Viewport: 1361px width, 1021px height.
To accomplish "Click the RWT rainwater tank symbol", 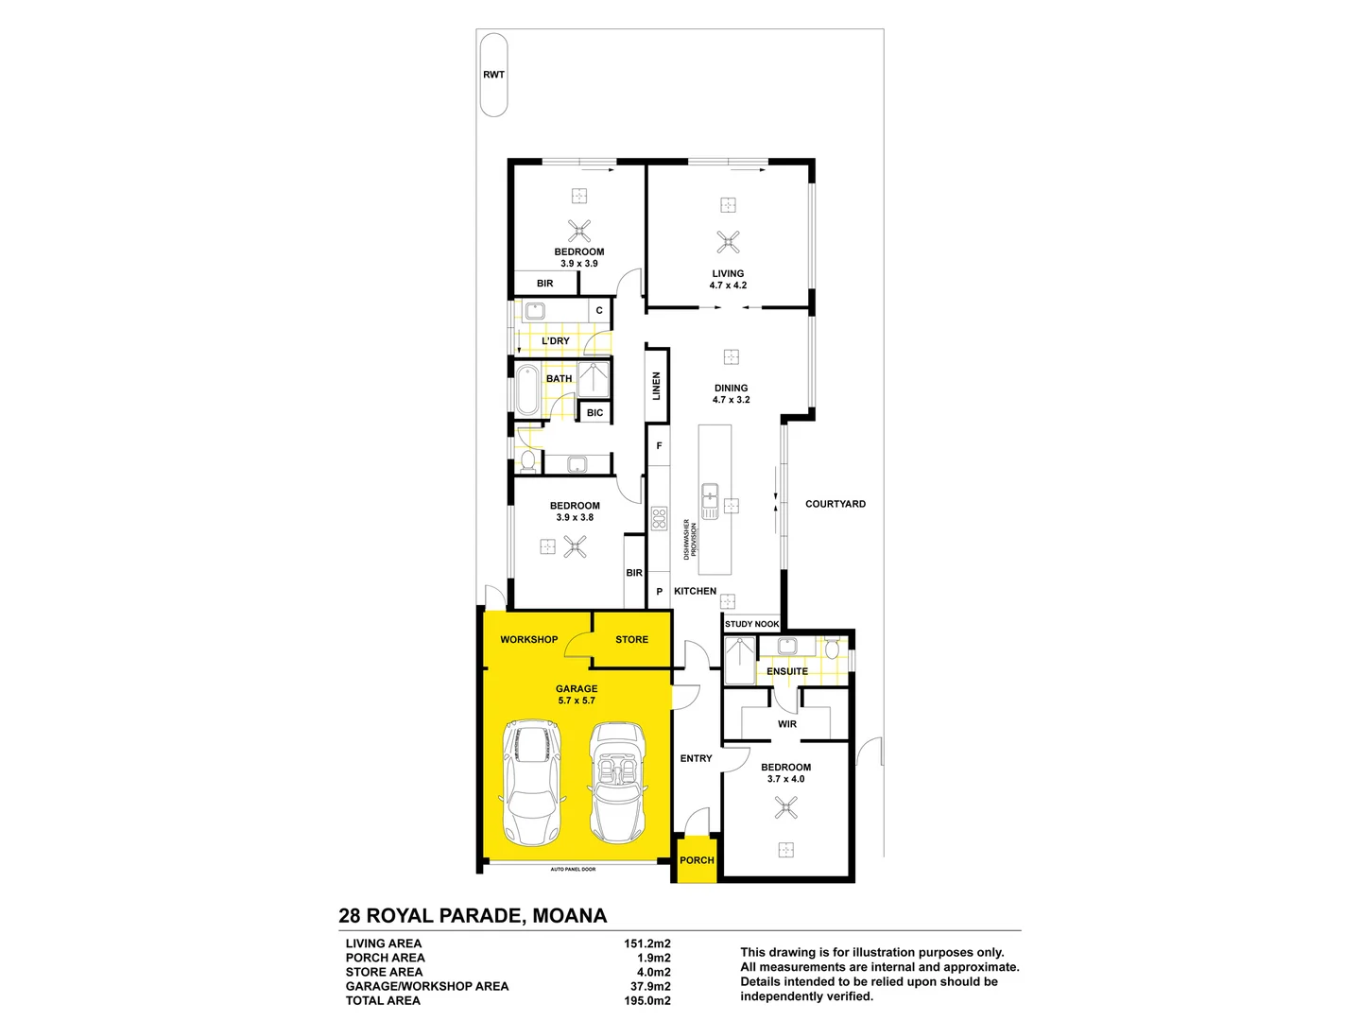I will click(493, 75).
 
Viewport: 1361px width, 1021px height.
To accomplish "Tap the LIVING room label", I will click(728, 273).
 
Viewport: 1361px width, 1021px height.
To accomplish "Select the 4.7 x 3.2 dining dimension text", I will click(731, 400).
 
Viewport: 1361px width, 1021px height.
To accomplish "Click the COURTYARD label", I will click(835, 504).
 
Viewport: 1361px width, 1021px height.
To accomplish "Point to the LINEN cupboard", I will click(657, 386).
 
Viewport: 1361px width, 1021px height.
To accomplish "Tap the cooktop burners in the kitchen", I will click(660, 519).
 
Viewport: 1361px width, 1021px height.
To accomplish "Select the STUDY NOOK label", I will click(751, 624).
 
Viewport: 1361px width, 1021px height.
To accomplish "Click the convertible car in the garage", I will click(617, 783).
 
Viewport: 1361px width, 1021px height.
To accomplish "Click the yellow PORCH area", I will click(697, 859).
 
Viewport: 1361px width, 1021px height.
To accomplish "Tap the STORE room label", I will click(631, 640).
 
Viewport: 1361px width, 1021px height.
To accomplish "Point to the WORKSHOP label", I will click(528, 640).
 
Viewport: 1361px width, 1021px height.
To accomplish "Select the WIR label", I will click(787, 724).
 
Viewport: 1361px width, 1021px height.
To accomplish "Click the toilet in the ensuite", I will click(832, 649).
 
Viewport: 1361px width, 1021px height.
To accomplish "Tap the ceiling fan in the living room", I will click(728, 241).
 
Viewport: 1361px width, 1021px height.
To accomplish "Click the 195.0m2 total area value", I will click(646, 1000).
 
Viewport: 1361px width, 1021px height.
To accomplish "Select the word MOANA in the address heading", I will click(569, 915).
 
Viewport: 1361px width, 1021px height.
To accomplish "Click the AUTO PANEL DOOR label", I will click(573, 869).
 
